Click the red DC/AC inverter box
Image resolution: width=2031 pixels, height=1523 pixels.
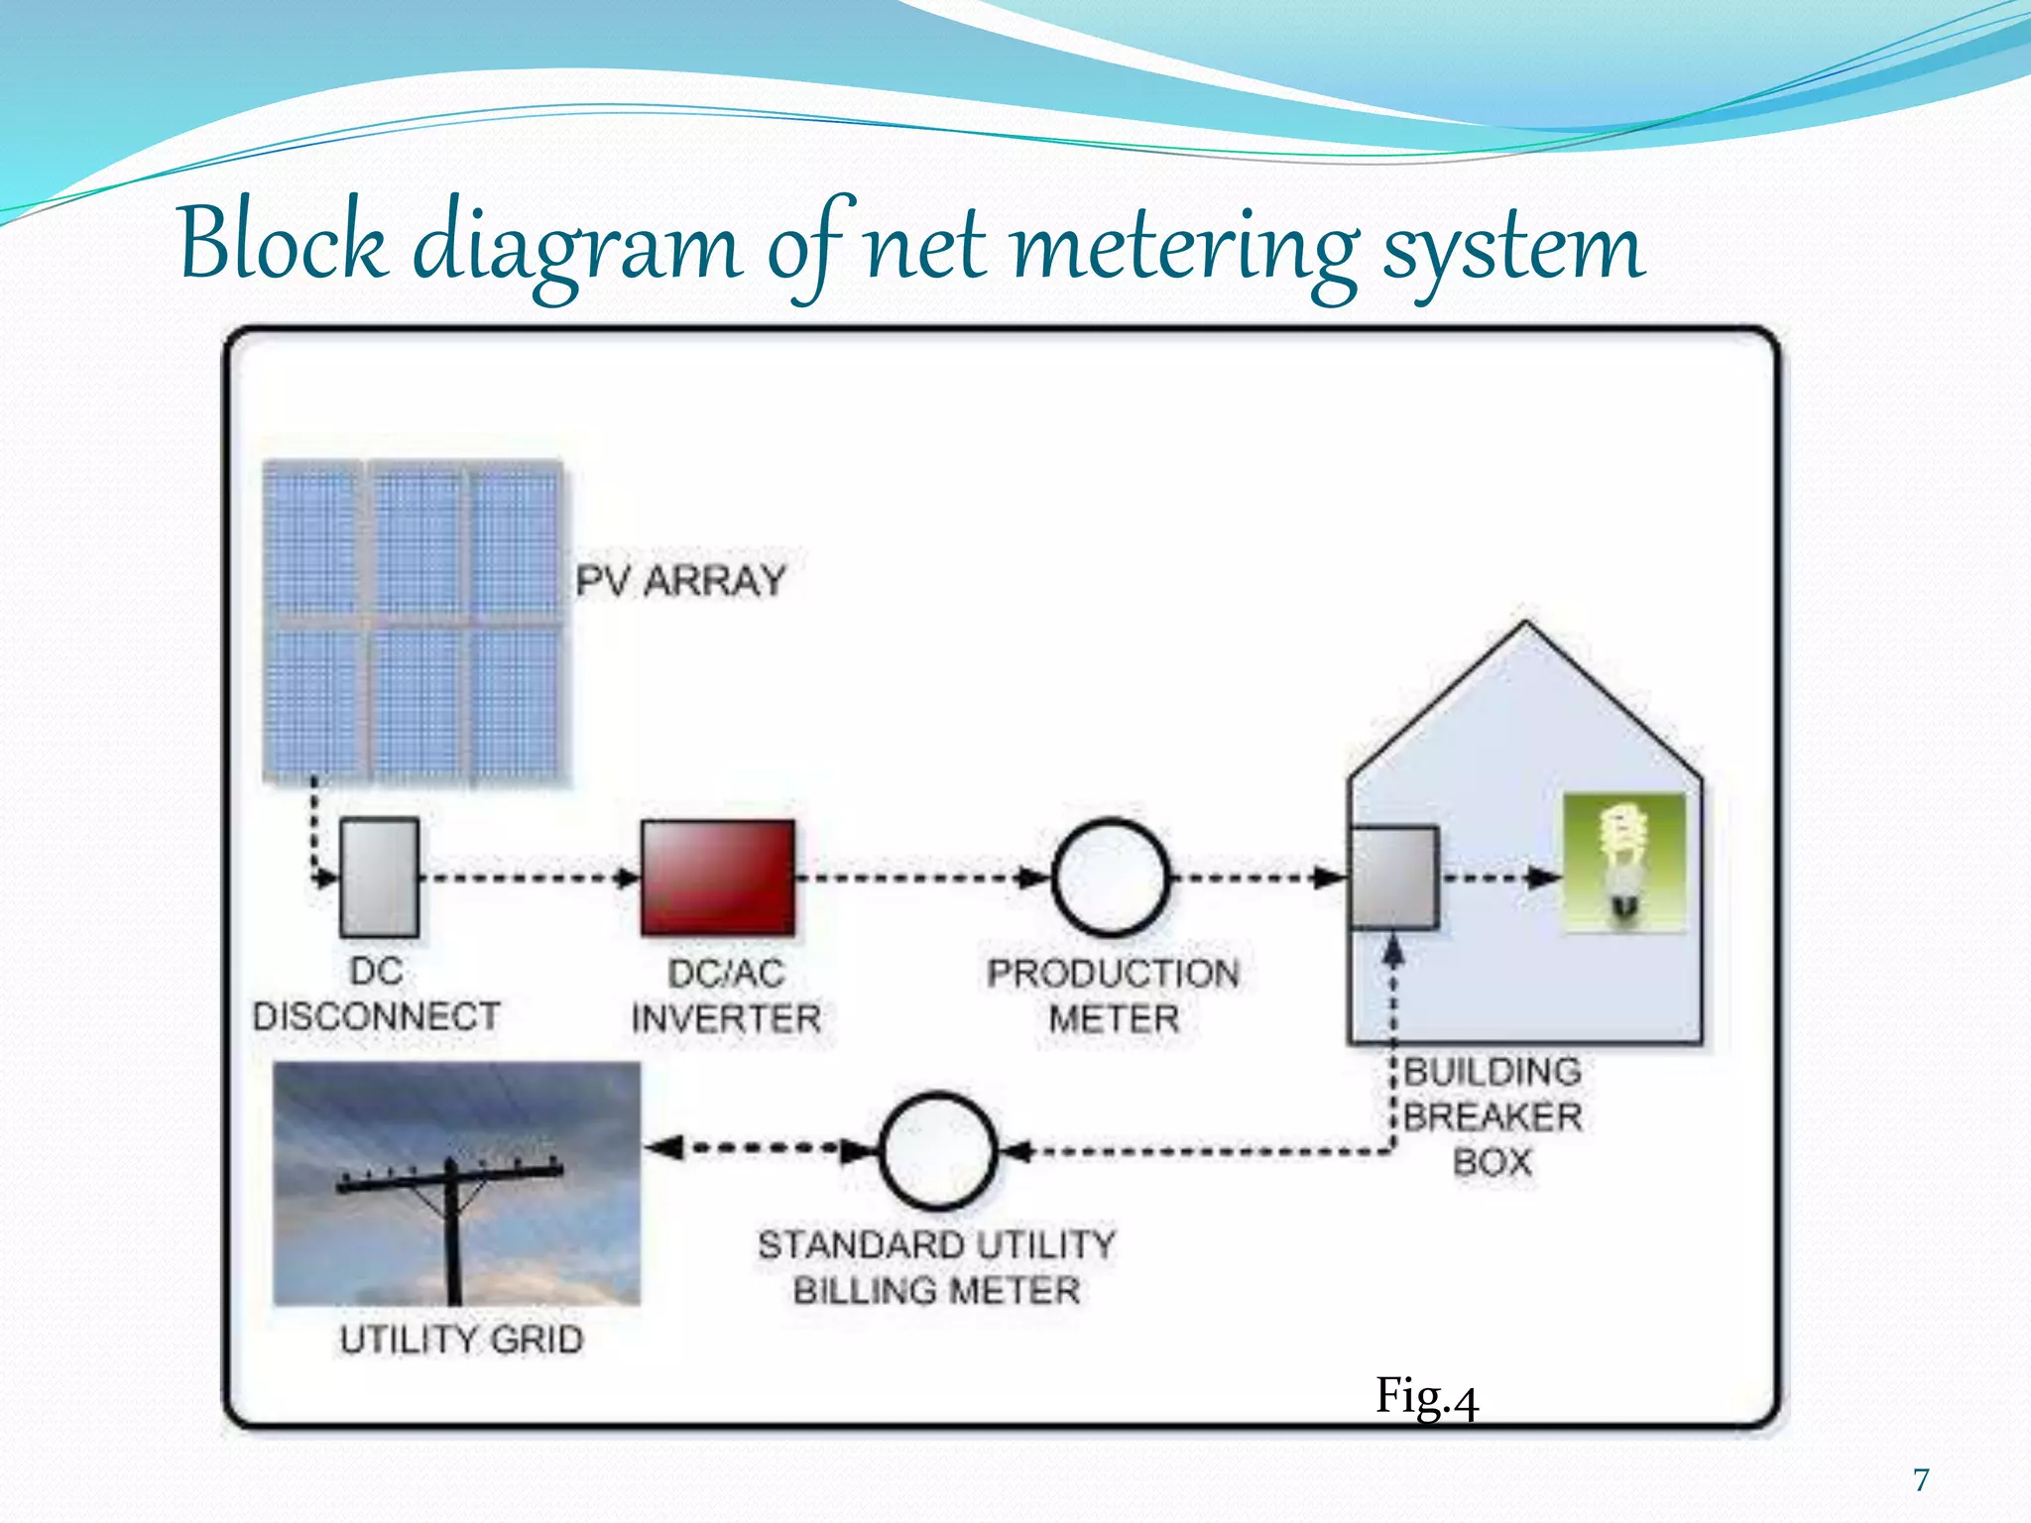pos(717,878)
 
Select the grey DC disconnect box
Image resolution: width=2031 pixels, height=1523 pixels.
pos(379,878)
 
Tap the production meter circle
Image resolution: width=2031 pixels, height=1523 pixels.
pos(1110,878)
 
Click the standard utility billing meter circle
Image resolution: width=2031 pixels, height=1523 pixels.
pos(937,1150)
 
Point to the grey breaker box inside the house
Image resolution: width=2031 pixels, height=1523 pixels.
pos(1394,878)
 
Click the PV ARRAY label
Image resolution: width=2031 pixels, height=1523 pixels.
pos(681,581)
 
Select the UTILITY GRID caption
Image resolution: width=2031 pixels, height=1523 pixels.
pos(461,1340)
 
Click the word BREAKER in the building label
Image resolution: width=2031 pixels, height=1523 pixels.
pos(1493,1116)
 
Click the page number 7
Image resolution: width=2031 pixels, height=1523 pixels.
pos(1921,1479)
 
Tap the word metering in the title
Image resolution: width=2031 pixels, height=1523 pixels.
pos(1186,248)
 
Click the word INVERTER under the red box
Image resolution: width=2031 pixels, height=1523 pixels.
pos(726,1018)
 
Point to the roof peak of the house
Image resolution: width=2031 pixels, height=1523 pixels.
pos(1525,628)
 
